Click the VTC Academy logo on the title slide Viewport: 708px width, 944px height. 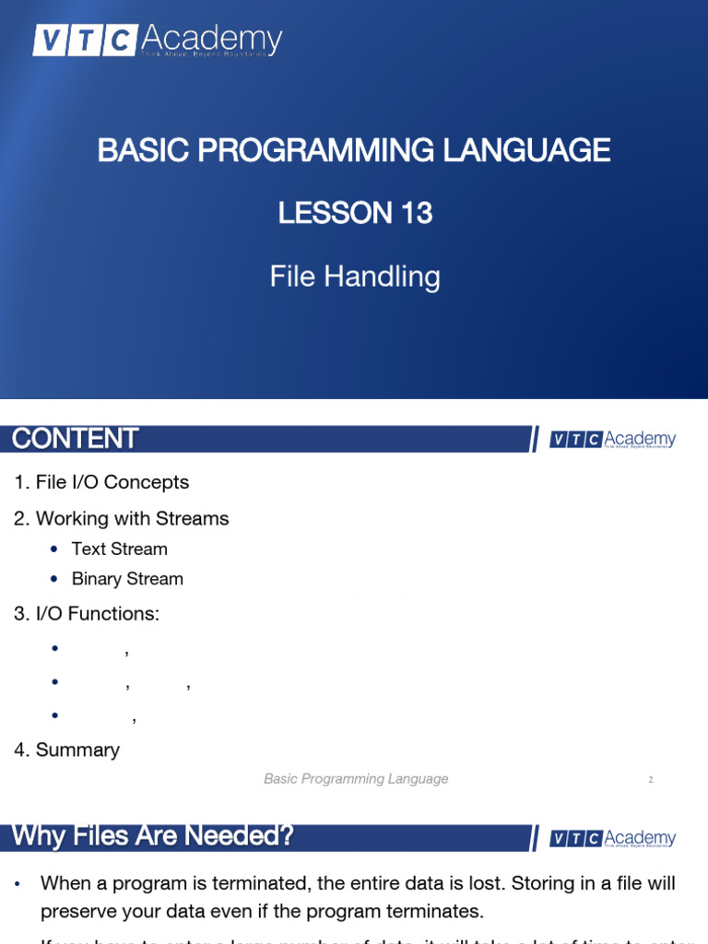coord(158,41)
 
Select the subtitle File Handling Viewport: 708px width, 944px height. coord(355,276)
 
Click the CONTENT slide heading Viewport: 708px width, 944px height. coord(76,439)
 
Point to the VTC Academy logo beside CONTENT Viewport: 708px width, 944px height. coord(613,440)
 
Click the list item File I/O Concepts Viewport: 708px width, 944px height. coord(101,482)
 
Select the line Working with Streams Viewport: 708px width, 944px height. coord(121,519)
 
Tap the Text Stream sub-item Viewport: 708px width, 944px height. coord(120,549)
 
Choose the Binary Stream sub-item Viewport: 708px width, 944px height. coord(127,579)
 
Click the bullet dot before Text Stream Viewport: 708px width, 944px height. coord(54,549)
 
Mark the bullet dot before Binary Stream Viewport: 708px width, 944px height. coord(54,579)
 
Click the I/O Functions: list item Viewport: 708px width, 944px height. coord(87,614)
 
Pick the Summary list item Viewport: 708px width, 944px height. coord(66,750)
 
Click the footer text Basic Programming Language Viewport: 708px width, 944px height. coord(356,779)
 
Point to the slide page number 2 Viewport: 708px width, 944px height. coord(650,780)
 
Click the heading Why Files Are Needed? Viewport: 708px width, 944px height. coord(152,837)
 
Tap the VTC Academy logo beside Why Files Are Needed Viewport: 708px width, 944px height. coord(613,838)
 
